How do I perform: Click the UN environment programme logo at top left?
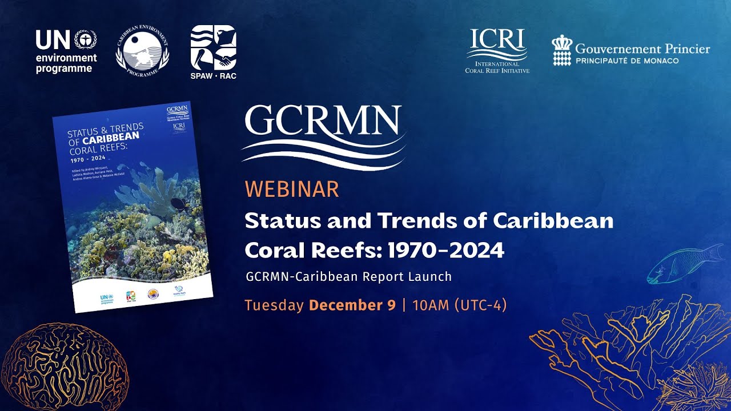coord(66,51)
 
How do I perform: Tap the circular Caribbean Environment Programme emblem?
coord(142,52)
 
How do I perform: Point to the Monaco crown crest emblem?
coord(561,50)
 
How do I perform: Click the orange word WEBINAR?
coord(292,189)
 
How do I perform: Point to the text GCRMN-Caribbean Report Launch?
coord(348,277)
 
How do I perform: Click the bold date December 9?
coord(352,305)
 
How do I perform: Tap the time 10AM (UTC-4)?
coord(459,305)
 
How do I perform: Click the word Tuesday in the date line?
coord(274,305)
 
